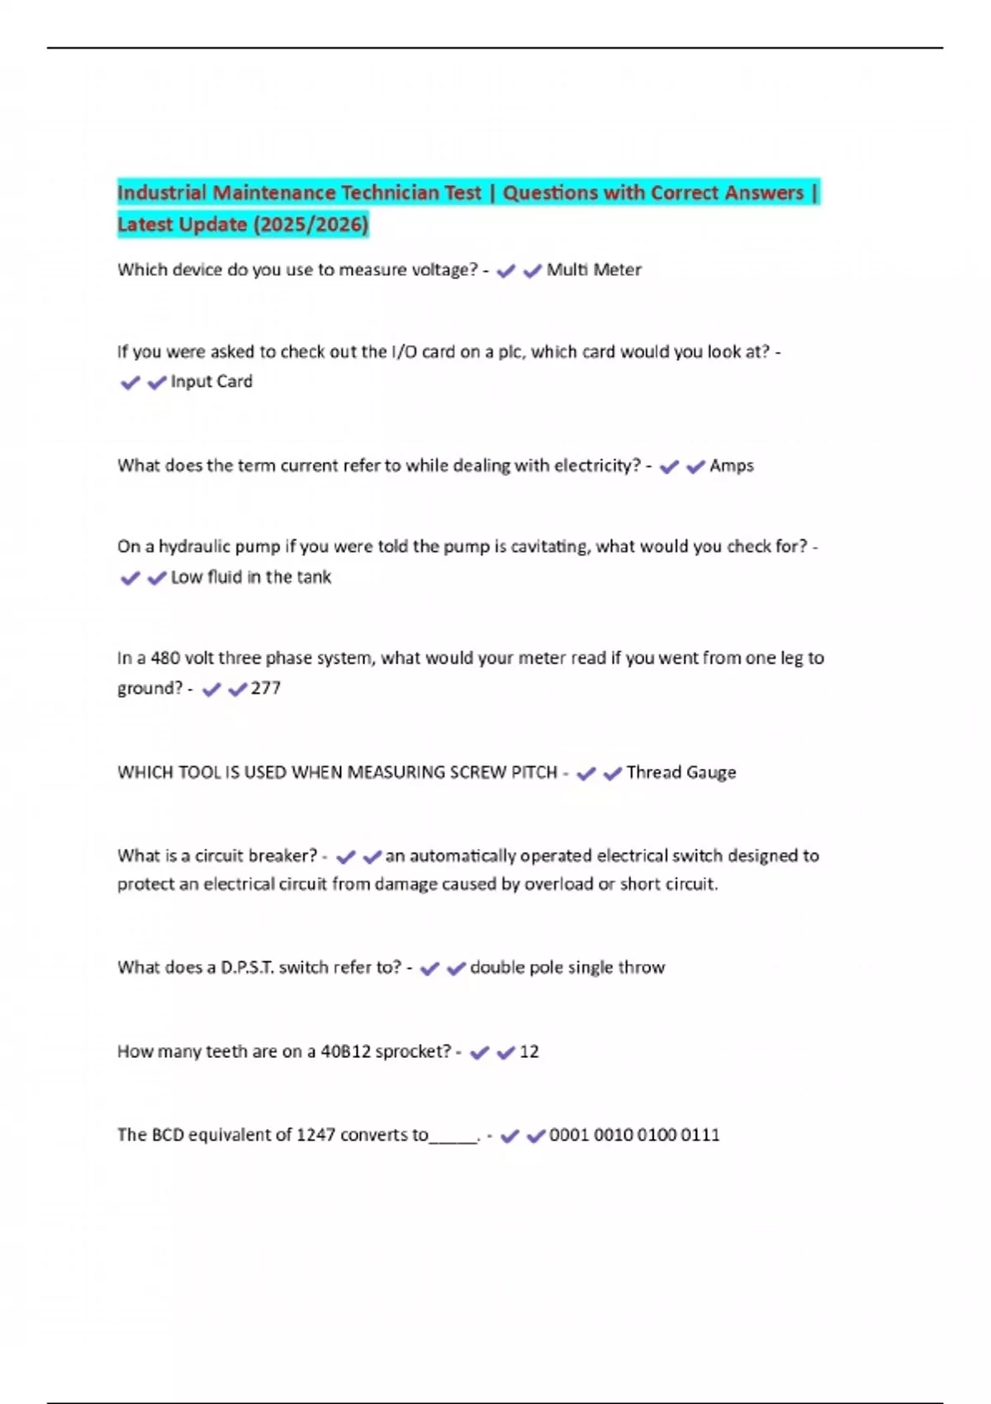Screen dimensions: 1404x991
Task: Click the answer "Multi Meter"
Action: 594,270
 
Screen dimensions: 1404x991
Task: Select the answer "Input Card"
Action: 211,382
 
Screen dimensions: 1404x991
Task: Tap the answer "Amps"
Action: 732,466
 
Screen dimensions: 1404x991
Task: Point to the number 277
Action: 266,688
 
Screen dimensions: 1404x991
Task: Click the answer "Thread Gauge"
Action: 681,773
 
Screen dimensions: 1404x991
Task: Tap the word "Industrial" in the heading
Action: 162,193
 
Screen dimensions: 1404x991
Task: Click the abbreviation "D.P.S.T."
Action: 247,968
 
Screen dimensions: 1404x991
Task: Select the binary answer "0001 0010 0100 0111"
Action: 634,1136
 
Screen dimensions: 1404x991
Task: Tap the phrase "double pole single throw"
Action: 567,968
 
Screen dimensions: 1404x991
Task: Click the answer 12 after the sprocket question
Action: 529,1052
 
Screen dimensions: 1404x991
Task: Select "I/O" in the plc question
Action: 404,352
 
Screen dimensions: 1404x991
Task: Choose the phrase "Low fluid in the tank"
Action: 251,577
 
